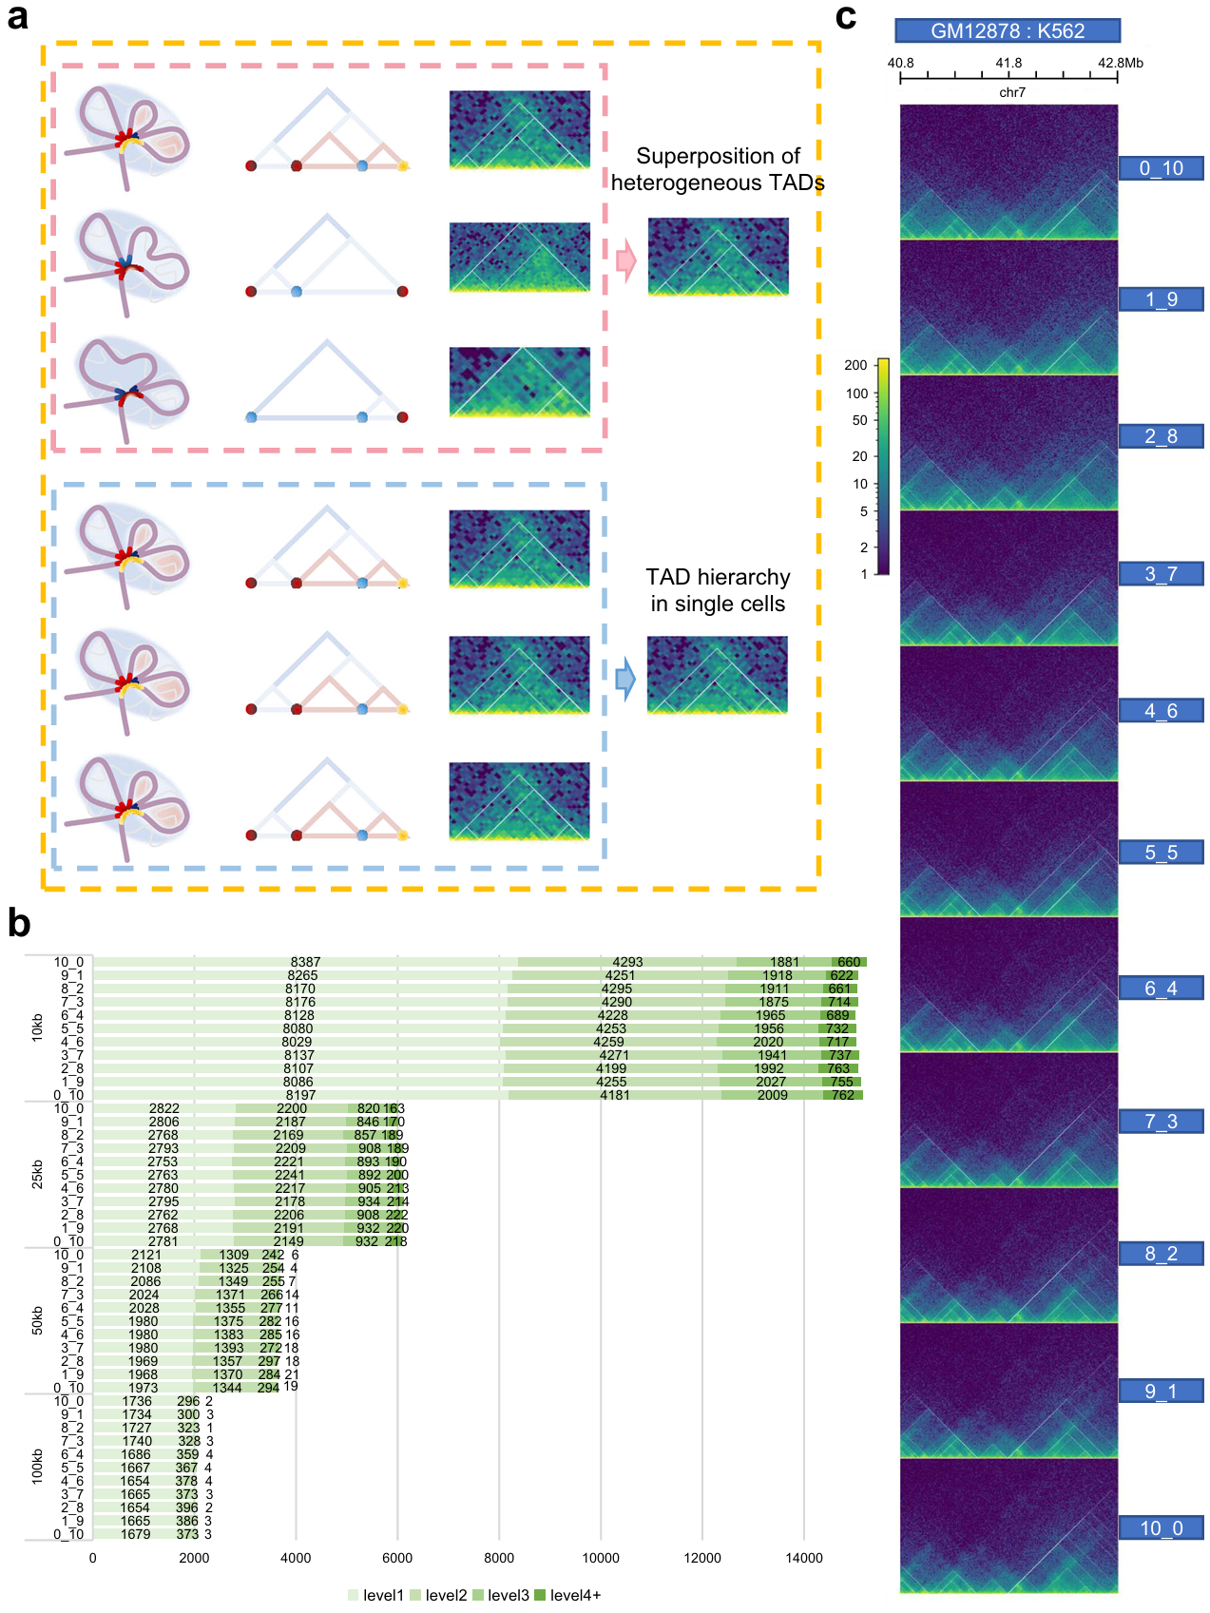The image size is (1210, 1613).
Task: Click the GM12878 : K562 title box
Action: coord(1008,30)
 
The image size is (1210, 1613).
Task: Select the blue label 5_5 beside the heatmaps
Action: coord(1161,852)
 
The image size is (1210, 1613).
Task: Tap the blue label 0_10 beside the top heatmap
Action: coord(1161,168)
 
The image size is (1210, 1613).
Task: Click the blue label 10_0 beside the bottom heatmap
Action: coord(1161,1527)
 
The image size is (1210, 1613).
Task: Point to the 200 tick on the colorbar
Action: coord(855,365)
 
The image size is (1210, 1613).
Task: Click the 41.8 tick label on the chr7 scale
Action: coord(1008,63)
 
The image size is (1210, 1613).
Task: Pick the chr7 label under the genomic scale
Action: coord(1012,92)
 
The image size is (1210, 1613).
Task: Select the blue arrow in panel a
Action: coord(625,679)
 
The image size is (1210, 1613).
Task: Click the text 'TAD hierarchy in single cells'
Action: coord(718,590)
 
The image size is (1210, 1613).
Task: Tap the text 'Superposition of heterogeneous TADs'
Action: coord(718,169)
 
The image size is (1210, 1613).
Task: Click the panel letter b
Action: coord(19,923)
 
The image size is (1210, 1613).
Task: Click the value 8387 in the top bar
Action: coord(305,962)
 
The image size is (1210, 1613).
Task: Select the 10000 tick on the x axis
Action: coord(601,1558)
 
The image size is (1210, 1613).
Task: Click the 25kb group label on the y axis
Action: coord(37,1175)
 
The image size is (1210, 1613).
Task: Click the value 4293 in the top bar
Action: coord(627,962)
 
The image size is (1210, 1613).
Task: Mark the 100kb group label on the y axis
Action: coord(37,1467)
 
